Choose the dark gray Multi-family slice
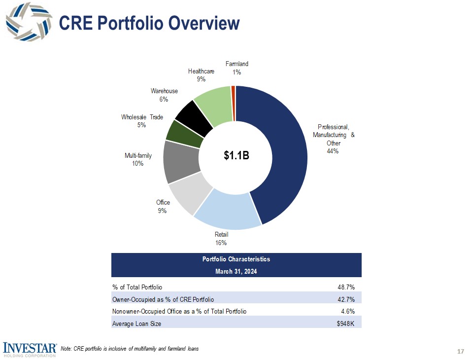point(180,162)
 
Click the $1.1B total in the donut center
point(236,156)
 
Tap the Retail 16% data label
point(221,239)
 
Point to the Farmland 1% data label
point(237,68)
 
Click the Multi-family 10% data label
point(138,160)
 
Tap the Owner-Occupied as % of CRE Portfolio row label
point(163,299)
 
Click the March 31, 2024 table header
point(236,271)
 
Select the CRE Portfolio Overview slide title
point(149,23)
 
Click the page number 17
point(461,351)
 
